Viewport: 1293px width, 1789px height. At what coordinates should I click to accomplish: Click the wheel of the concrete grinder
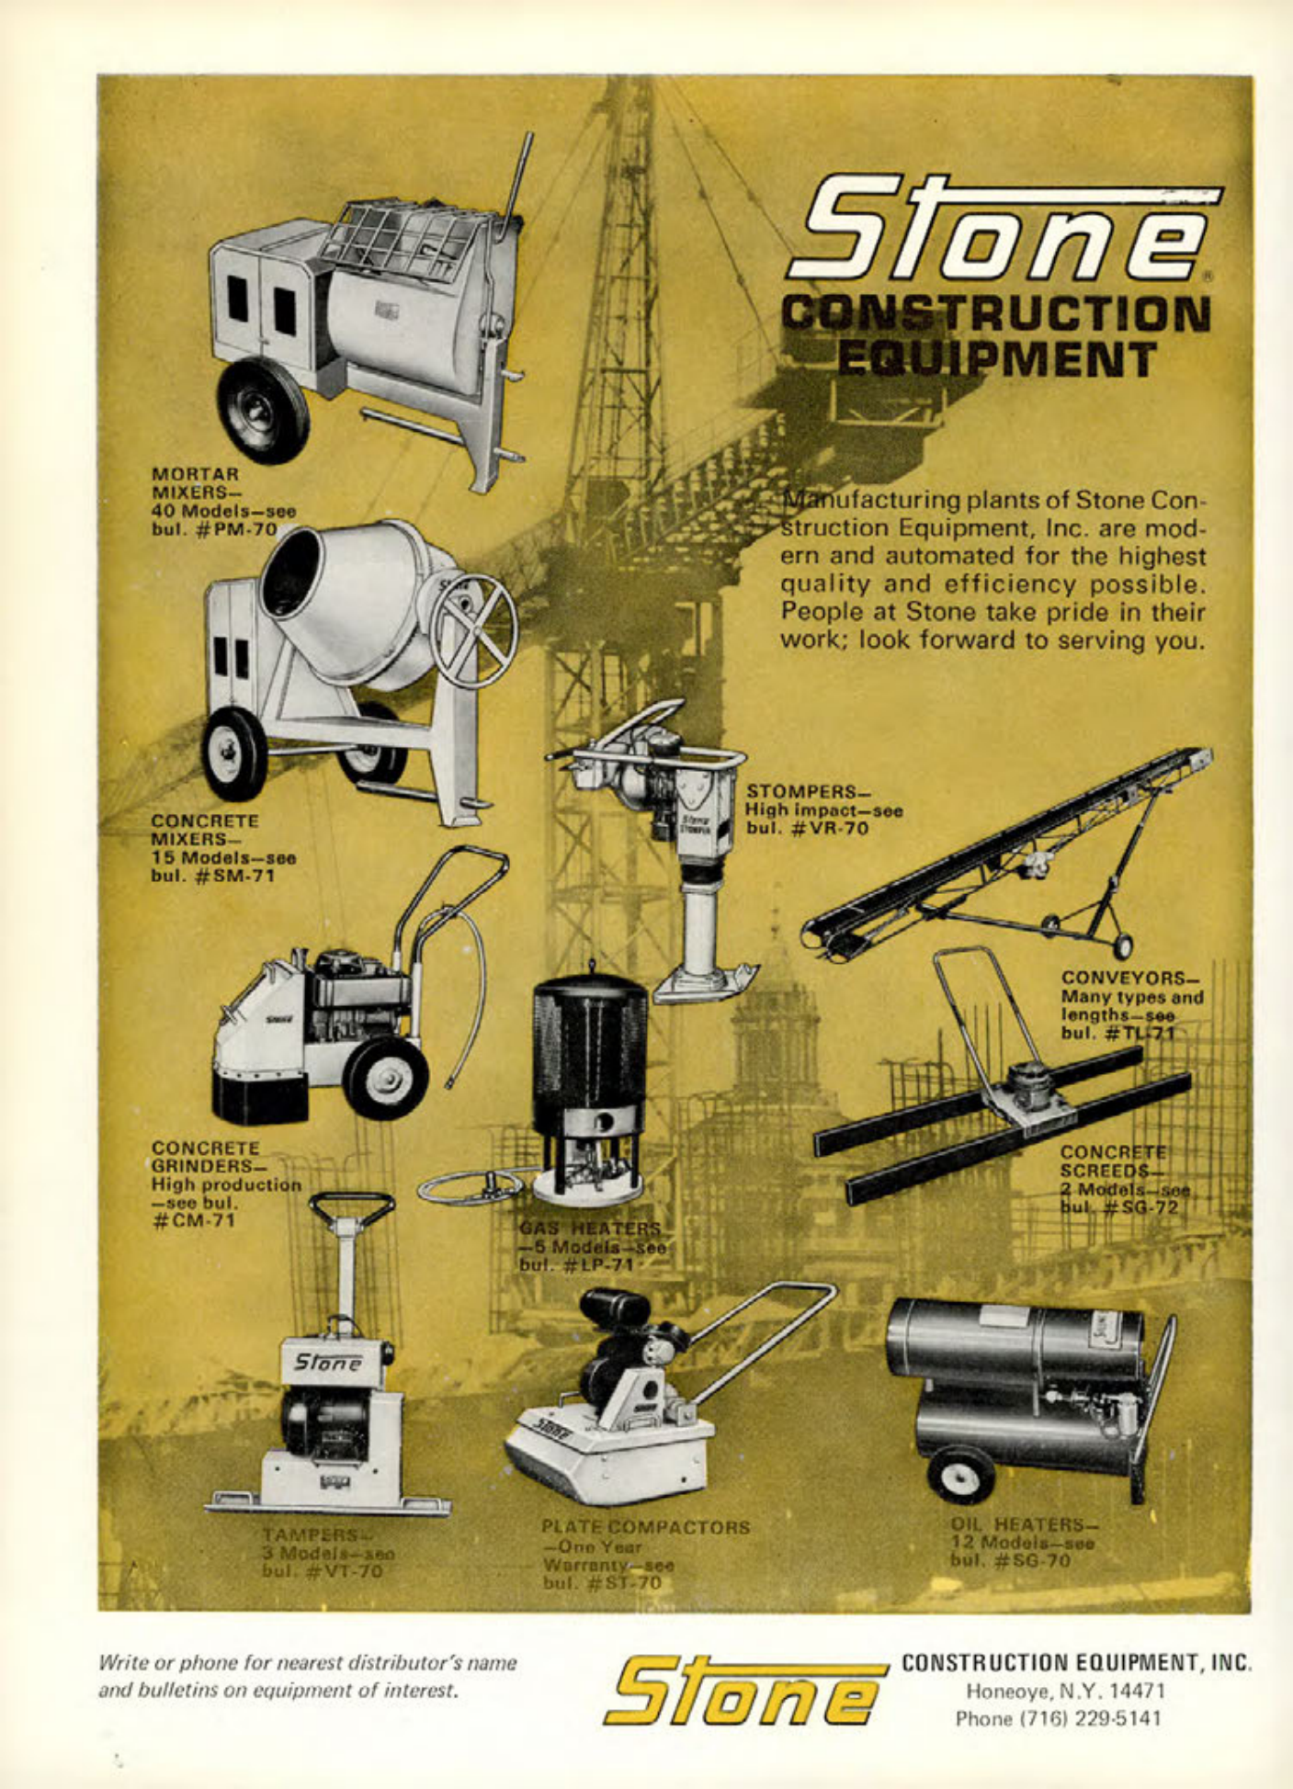click(385, 1076)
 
